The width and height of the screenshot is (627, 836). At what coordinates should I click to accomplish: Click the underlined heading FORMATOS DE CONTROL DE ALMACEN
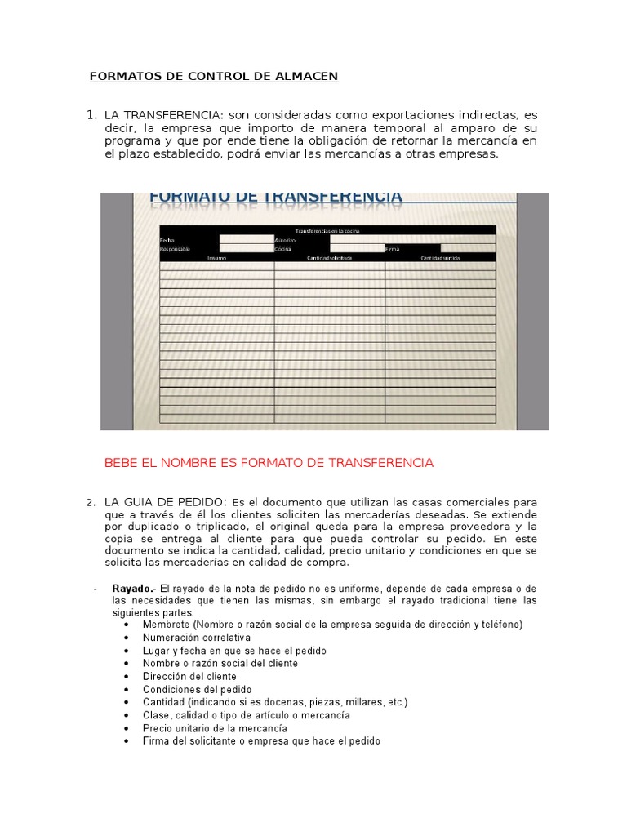[213, 77]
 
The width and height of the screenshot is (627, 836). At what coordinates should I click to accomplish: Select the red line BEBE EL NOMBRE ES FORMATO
[269, 463]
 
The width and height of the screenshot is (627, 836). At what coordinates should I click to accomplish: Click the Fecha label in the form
[167, 240]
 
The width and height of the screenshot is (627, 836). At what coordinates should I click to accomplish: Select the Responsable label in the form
[176, 249]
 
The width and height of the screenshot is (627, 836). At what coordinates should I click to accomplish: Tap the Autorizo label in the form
[285, 240]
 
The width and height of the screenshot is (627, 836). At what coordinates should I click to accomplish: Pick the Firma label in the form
[393, 249]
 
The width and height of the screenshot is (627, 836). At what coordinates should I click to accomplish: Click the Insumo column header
[216, 258]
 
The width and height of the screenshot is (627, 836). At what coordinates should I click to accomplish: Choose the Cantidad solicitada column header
[329, 258]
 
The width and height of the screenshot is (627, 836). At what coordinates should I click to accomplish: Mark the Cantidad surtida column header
[440, 258]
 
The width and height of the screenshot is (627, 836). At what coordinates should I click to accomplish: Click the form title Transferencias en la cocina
[327, 231]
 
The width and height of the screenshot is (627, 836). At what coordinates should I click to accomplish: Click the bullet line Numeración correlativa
[196, 637]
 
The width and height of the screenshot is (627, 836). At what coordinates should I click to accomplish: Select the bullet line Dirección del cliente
[189, 676]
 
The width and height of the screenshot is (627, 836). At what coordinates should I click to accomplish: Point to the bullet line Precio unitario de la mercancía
[215, 728]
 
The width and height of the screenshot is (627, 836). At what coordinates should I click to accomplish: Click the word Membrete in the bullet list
[165, 625]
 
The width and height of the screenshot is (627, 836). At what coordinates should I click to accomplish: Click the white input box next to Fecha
[247, 240]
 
